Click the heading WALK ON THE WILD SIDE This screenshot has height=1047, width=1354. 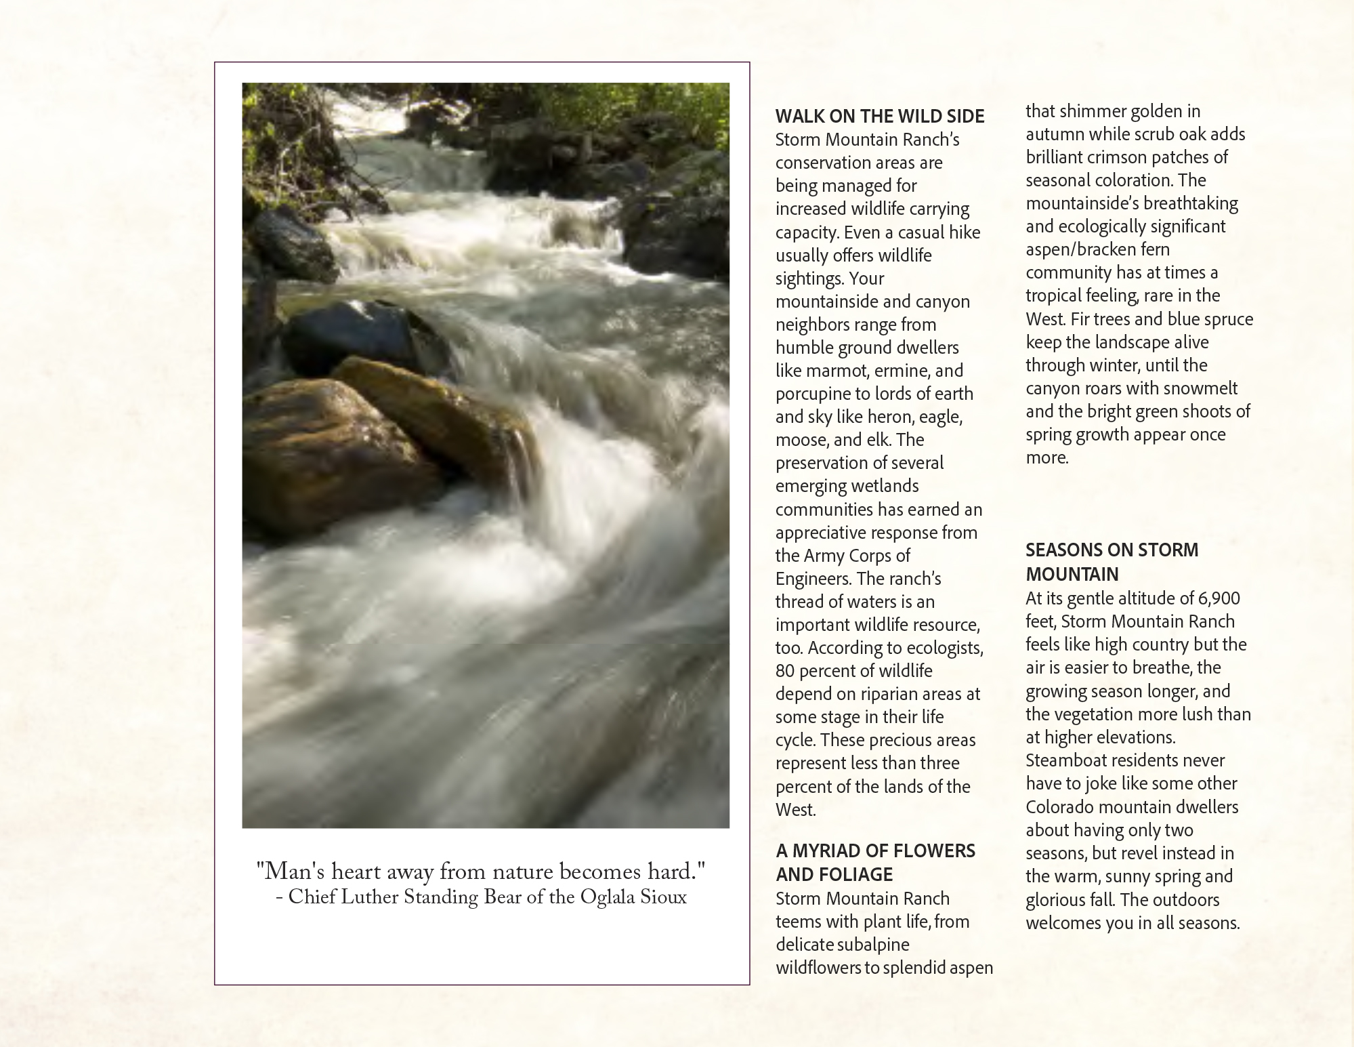(x=879, y=117)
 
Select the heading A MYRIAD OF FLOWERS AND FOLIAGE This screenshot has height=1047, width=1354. (x=875, y=862)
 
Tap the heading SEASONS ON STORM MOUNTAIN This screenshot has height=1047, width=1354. (x=1112, y=562)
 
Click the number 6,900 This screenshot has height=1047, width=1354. (x=1219, y=598)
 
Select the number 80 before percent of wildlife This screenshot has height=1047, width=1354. (x=785, y=671)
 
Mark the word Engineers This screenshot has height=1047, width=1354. (x=812, y=579)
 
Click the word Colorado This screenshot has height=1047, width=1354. (x=1059, y=807)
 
